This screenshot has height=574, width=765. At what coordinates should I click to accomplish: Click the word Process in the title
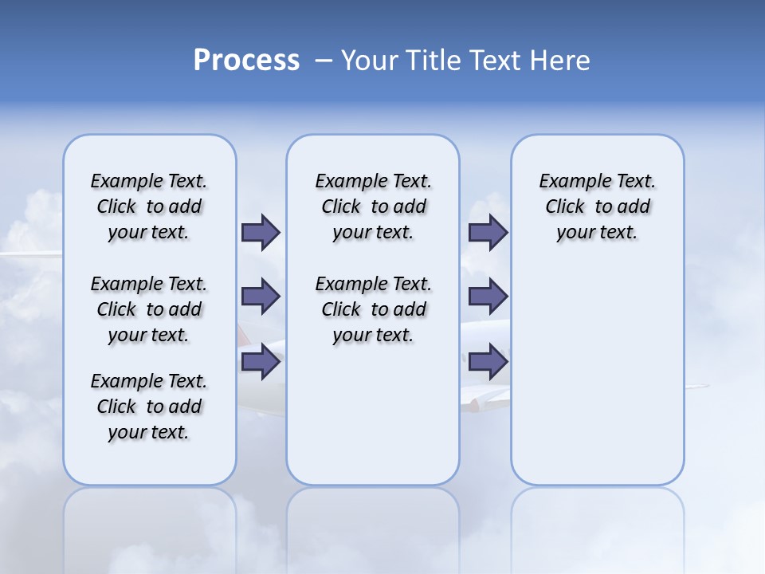pyautogui.click(x=246, y=61)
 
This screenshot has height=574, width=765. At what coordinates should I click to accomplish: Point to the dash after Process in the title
pyautogui.click(x=323, y=61)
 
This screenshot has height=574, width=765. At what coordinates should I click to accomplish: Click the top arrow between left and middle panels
pyautogui.click(x=261, y=232)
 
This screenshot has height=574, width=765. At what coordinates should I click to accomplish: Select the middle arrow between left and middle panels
pyautogui.click(x=261, y=297)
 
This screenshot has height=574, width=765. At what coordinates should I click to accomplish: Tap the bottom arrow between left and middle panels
pyautogui.click(x=261, y=362)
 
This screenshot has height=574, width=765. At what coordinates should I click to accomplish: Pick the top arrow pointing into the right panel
pyautogui.click(x=488, y=232)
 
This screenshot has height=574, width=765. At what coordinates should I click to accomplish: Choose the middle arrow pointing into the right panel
pyautogui.click(x=488, y=297)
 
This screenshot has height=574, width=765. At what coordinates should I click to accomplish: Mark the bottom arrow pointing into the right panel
pyautogui.click(x=488, y=362)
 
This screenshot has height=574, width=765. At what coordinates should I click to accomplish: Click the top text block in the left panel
pyautogui.click(x=149, y=206)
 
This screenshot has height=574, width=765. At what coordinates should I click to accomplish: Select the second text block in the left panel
pyautogui.click(x=149, y=309)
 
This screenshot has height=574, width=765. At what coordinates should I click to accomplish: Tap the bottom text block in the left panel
pyautogui.click(x=149, y=407)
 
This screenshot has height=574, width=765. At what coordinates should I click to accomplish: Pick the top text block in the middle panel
pyautogui.click(x=373, y=206)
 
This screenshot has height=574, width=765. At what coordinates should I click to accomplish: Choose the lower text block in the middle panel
pyautogui.click(x=373, y=309)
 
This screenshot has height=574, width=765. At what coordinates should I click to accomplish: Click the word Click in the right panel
pyautogui.click(x=565, y=206)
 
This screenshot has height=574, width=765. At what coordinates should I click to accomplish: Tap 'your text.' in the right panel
pyautogui.click(x=597, y=233)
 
